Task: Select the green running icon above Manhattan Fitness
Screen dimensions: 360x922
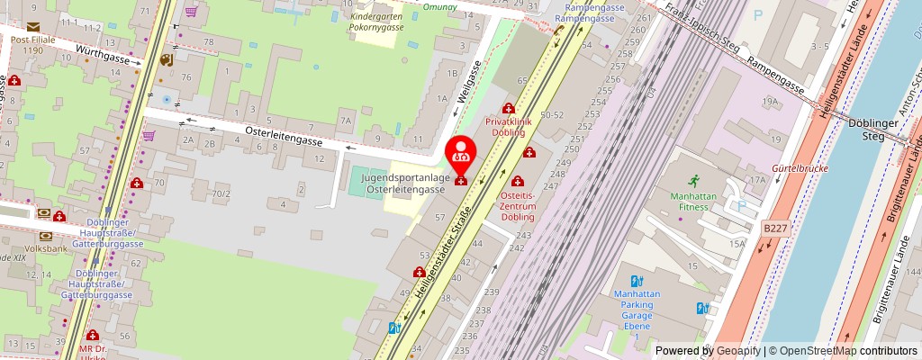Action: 692,182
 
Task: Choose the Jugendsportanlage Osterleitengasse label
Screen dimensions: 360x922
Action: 403,184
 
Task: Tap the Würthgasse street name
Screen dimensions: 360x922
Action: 103,58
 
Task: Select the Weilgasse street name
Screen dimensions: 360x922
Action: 469,82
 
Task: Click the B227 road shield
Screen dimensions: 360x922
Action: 774,229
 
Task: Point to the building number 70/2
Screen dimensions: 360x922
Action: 221,193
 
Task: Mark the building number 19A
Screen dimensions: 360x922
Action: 770,102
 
